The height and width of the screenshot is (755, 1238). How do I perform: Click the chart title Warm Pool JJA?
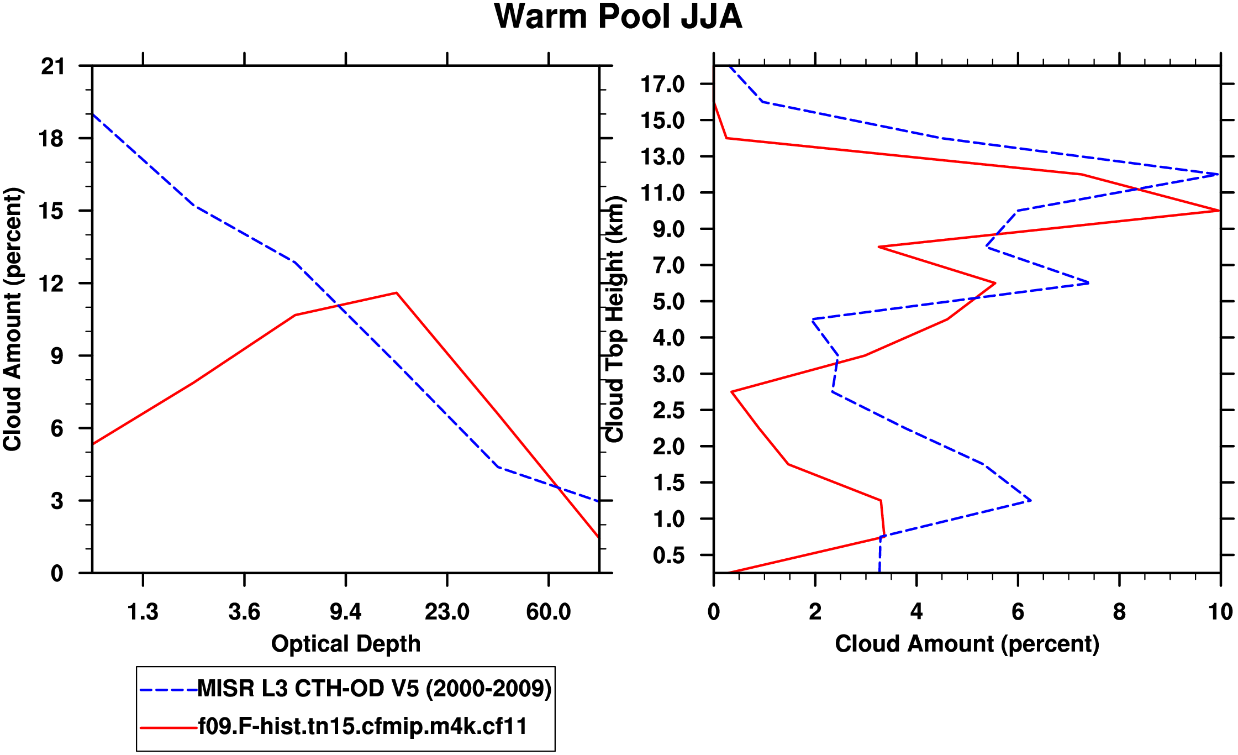coord(618,17)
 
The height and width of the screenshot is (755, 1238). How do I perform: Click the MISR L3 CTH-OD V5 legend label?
coord(374,689)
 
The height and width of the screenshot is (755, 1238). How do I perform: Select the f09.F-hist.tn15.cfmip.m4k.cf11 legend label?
coord(362,726)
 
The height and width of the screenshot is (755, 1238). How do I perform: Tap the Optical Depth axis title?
coord(346,644)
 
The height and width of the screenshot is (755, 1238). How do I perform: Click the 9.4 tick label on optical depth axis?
coord(346,612)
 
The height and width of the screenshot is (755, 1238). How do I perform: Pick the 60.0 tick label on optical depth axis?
coord(548,612)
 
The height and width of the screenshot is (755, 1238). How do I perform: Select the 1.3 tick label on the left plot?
coord(143,612)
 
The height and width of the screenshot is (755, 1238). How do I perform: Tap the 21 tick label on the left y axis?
coord(52,67)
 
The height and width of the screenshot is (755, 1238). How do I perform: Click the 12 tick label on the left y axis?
coord(52,284)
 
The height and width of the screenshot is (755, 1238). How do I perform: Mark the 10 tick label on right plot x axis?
coord(1220,612)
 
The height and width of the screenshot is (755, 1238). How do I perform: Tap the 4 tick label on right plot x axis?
coord(916,612)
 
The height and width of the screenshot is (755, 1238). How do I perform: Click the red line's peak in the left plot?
coord(397,293)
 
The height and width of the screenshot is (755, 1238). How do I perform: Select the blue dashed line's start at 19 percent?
coord(93,114)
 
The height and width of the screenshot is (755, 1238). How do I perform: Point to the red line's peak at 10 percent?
coord(1219,211)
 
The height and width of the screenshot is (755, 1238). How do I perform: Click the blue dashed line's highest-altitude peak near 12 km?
coord(1218,175)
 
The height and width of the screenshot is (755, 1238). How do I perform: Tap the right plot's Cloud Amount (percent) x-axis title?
coord(967,644)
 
